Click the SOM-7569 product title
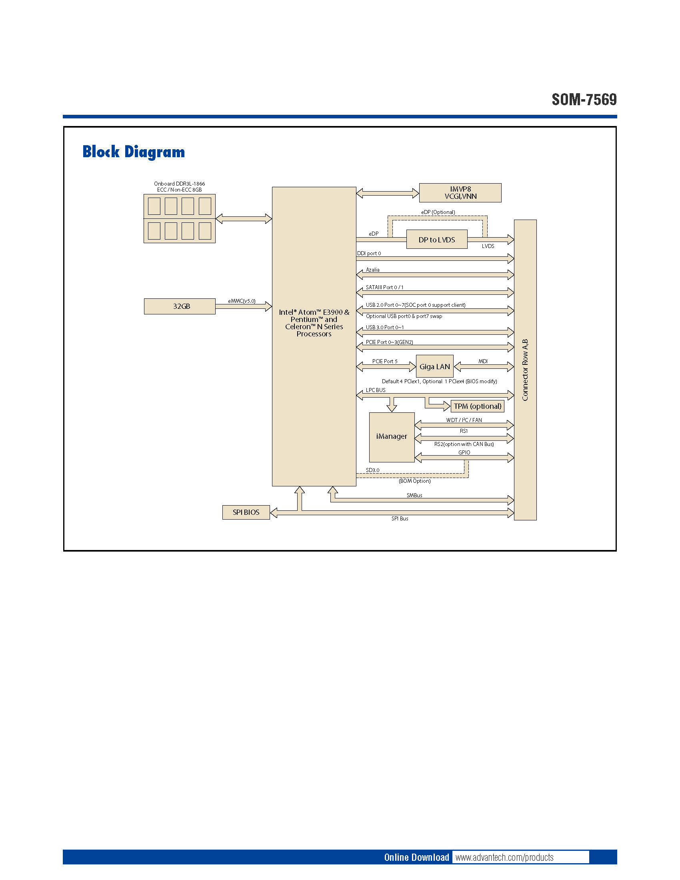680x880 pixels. point(584,100)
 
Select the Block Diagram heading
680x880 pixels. point(133,152)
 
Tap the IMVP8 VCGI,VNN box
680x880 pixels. point(460,193)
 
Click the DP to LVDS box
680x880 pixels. point(437,240)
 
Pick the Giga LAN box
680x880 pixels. point(435,367)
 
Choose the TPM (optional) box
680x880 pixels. point(477,406)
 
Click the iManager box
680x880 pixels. point(392,437)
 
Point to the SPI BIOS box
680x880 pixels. point(246,512)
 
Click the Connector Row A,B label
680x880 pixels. point(525,370)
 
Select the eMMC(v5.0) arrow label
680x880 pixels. point(242,301)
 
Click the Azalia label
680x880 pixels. point(373,270)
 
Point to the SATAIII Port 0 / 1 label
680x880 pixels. point(384,287)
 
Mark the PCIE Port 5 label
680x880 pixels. point(385,361)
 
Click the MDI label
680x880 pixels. point(483,361)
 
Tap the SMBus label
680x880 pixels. point(414,495)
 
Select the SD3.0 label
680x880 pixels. point(372,470)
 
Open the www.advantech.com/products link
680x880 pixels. point(504,857)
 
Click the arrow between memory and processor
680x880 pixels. point(244,219)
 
